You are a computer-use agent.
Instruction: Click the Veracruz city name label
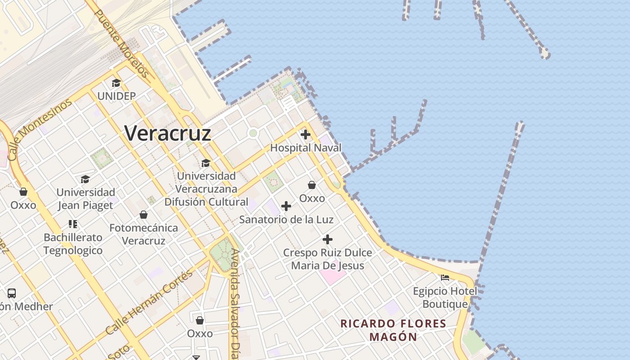coord(167,133)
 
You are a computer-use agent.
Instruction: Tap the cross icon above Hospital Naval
coord(306,135)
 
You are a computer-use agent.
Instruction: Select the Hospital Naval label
coord(306,148)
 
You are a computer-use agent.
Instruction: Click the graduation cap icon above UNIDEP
coord(116,83)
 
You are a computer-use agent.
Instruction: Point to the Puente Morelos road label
coord(121,43)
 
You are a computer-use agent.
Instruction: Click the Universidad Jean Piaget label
coord(85,199)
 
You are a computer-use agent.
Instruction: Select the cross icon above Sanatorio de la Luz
coord(286,207)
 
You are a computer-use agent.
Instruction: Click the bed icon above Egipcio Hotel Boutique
coord(445,278)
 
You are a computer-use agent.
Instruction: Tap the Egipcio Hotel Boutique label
coord(445,297)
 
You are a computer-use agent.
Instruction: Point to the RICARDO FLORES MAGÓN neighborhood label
coord(393,330)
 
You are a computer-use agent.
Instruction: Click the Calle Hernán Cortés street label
coord(149,302)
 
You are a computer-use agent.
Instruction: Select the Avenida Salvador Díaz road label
coord(234,304)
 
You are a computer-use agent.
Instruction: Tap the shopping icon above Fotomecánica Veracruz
coord(144,215)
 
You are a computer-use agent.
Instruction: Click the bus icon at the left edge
coord(12,293)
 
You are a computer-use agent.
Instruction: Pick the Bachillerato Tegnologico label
coord(73,244)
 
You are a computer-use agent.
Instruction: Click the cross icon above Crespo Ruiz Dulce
coord(328,239)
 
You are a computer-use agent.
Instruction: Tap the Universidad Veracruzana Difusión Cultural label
coord(206,189)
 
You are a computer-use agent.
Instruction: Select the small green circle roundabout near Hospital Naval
coord(253,133)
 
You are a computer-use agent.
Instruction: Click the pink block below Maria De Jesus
coord(333,275)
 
